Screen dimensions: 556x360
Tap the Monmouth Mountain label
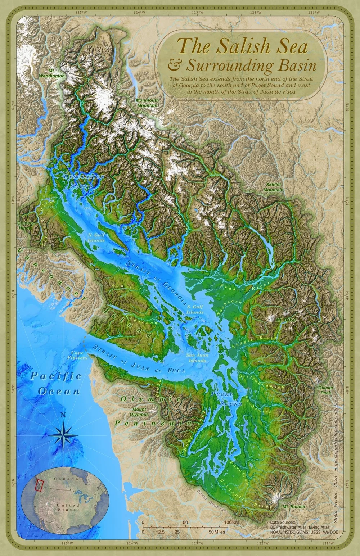[147, 103]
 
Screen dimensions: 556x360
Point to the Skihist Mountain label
[273, 187]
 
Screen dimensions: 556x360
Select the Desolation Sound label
[83, 182]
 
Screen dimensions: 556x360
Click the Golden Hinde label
[25, 225]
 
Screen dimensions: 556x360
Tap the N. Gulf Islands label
[96, 238]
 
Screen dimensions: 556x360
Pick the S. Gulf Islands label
[195, 309]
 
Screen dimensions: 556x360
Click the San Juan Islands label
[197, 358]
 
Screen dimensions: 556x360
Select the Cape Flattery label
[77, 355]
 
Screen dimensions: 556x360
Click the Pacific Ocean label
[56, 384]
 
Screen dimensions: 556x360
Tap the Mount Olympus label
[140, 412]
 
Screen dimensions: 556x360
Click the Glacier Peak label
[325, 390]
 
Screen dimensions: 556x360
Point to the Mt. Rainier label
[294, 507]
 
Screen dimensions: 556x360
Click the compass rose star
[63, 435]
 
